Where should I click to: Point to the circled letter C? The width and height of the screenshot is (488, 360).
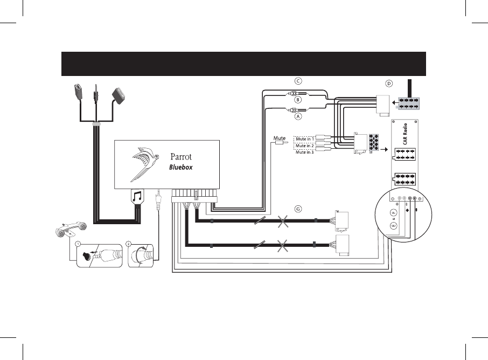coord(297,81)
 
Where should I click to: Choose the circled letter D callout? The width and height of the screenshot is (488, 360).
coord(389,84)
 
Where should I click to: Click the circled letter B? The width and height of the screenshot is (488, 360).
coord(297,100)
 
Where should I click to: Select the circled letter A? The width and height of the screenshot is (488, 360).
coord(297,116)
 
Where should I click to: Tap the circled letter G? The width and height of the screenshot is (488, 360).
coord(297,209)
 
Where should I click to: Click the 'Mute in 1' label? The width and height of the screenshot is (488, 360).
coord(305,139)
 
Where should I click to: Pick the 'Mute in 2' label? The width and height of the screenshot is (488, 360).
coord(305,146)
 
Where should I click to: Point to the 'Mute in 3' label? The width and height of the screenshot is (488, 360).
coord(305,152)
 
